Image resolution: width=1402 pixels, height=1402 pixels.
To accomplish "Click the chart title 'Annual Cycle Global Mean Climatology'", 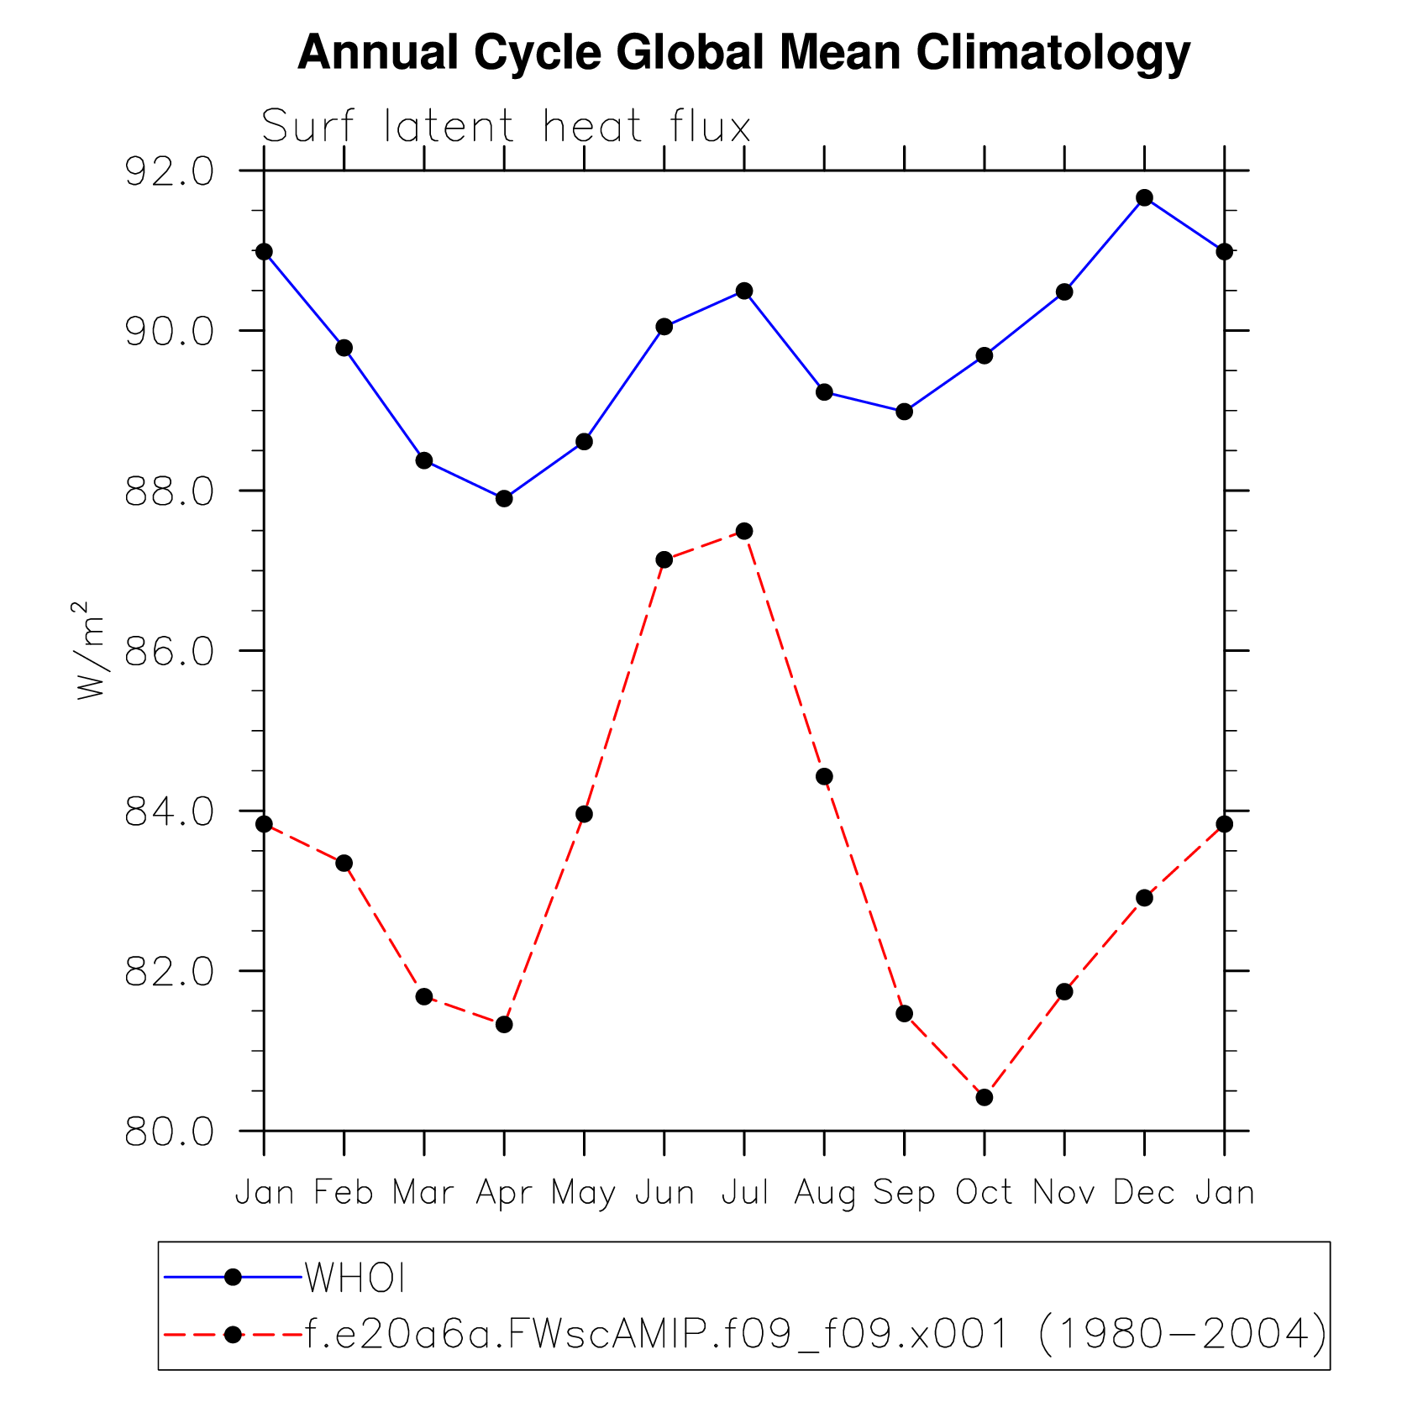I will click(x=743, y=52).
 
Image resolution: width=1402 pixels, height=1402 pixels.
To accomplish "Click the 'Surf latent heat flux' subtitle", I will click(x=506, y=127).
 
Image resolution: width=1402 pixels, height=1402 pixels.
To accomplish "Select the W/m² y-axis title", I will click(x=91, y=650).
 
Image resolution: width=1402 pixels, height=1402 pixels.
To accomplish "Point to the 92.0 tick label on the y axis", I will click(x=170, y=171).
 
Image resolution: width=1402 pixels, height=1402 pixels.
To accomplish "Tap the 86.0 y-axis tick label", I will click(x=170, y=652).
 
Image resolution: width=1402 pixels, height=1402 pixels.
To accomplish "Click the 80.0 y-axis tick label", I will click(x=170, y=1132).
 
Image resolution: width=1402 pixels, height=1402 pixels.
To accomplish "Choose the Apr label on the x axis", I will click(x=504, y=1193).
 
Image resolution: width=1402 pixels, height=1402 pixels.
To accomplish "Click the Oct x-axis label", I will click(x=984, y=1192).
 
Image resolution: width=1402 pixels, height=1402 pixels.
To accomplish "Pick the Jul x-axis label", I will click(x=744, y=1192).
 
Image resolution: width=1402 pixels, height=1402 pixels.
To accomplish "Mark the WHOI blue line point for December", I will click(x=1144, y=198).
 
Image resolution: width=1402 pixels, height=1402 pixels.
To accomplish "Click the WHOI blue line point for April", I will click(x=504, y=499).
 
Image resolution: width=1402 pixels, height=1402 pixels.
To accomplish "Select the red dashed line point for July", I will click(x=744, y=531).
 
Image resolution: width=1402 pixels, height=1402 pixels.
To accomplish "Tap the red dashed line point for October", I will click(x=985, y=1098).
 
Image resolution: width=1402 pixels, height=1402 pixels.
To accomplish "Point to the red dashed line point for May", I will click(x=584, y=814).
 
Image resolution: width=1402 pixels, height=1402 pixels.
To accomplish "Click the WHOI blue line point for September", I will click(x=904, y=412).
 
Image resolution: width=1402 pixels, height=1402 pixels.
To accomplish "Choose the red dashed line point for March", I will click(x=424, y=997).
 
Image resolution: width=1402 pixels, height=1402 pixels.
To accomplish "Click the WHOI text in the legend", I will click(x=355, y=1279).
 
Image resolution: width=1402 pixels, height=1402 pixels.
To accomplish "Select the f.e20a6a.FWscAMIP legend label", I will click(x=815, y=1334).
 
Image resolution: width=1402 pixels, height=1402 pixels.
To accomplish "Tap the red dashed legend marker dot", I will click(x=234, y=1334).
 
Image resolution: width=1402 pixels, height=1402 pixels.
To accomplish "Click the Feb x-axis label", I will click(x=344, y=1192).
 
